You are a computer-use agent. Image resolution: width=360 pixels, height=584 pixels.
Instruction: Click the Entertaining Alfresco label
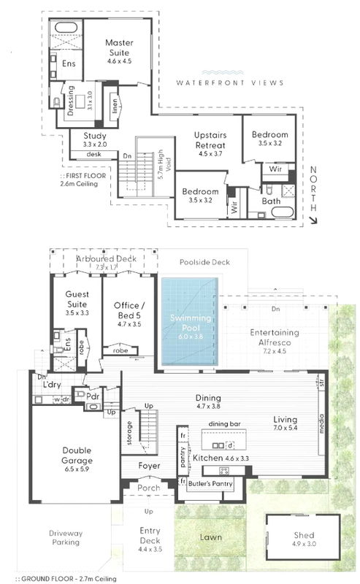pos(271,337)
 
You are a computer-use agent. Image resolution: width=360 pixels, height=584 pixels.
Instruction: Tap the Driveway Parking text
pos(66,538)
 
